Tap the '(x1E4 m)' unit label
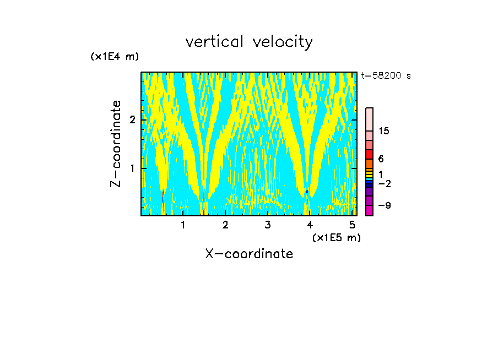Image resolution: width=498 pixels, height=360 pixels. click(x=115, y=57)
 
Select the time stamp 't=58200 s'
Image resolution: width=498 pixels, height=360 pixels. click(x=386, y=76)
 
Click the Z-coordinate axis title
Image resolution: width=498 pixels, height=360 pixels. click(x=116, y=144)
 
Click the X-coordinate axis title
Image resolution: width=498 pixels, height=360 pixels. click(x=249, y=254)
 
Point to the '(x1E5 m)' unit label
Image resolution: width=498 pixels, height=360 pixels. click(x=336, y=237)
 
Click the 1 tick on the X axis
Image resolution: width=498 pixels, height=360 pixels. click(x=183, y=225)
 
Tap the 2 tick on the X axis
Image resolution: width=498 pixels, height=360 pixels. click(x=225, y=225)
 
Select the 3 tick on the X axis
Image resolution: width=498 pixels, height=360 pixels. click(x=268, y=225)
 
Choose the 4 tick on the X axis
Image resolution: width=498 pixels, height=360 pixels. click(x=310, y=225)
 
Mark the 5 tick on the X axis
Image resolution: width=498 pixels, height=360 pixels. click(x=352, y=225)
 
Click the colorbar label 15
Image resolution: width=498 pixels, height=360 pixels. click(x=384, y=131)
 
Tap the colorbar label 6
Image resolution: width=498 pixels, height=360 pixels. click(x=381, y=159)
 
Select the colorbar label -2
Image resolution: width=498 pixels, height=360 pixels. click(x=384, y=184)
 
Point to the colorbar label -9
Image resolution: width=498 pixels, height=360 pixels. click(x=384, y=205)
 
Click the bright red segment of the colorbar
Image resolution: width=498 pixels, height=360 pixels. click(x=369, y=154)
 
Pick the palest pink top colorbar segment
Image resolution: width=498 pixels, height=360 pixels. click(x=369, y=119)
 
